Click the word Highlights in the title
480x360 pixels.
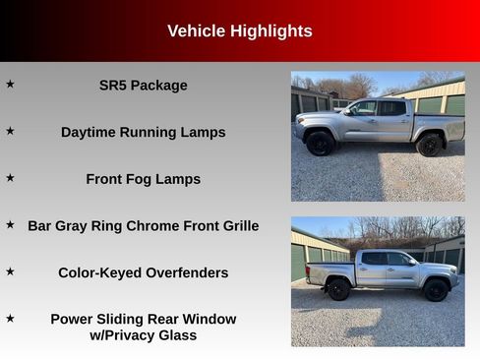point(270,31)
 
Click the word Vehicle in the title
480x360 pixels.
point(197,31)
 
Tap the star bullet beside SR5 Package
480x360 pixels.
point(10,85)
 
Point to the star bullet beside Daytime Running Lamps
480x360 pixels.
point(10,131)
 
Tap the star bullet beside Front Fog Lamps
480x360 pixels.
point(10,178)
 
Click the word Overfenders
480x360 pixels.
point(186,272)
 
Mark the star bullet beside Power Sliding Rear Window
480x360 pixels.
point(10,319)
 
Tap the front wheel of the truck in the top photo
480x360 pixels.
point(321,144)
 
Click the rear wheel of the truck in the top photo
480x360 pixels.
point(429,145)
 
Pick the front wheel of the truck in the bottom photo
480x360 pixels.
point(435,289)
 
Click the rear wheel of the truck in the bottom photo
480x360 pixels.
point(339,289)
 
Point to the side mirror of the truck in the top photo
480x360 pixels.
point(349,111)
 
